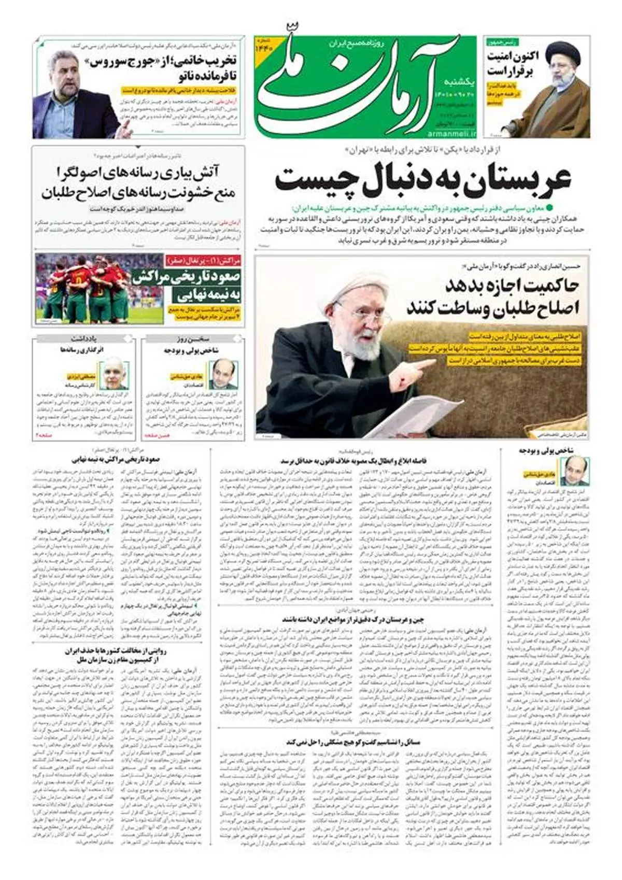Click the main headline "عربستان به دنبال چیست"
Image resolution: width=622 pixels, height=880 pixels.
pyautogui.click(x=422, y=179)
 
